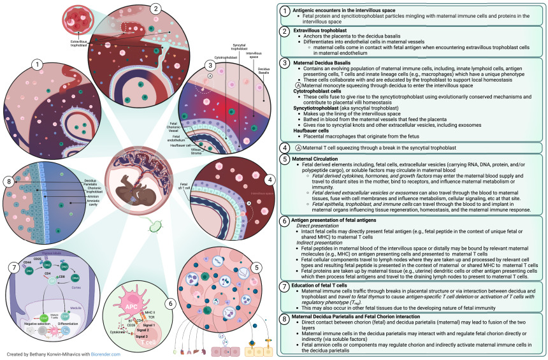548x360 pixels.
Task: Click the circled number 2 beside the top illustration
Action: (x=155, y=8)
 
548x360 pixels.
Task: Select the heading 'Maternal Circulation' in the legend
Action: (x=315, y=157)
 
